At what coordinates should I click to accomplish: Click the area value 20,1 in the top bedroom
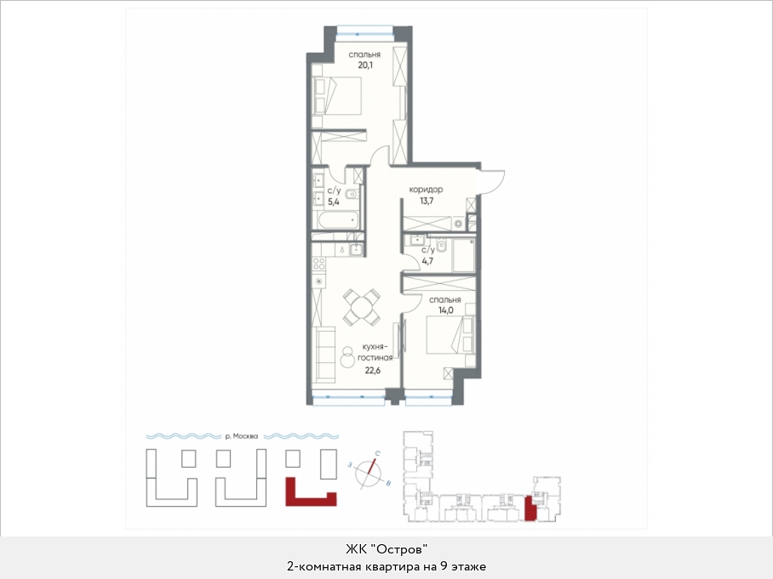(364, 65)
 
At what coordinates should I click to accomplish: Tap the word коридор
(426, 190)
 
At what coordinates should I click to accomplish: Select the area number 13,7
(427, 202)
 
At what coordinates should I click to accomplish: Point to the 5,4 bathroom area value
(334, 202)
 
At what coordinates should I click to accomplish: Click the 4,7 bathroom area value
(427, 261)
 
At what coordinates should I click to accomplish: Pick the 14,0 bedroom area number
(445, 310)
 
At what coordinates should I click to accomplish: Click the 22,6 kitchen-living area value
(374, 370)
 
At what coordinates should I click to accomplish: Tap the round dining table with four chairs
(363, 307)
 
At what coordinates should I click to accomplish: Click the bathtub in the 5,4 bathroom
(338, 220)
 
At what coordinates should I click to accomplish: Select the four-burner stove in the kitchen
(319, 264)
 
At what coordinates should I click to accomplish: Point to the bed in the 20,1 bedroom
(337, 96)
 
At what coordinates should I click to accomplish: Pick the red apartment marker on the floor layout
(530, 509)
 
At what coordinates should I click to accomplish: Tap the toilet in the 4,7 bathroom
(441, 245)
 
